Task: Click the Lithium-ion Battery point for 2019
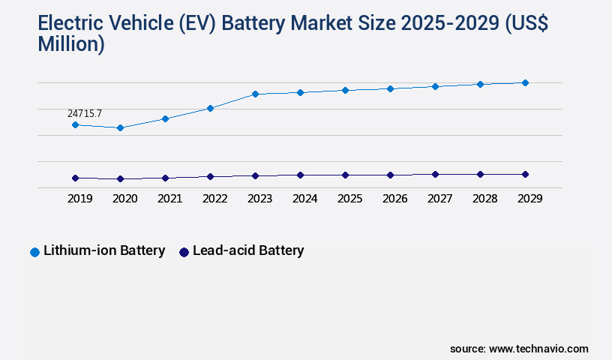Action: click(x=75, y=124)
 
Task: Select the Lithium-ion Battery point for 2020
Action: click(x=120, y=128)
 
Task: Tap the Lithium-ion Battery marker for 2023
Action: click(x=255, y=94)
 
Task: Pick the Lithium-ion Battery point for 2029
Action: click(x=525, y=82)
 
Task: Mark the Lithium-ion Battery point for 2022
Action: click(x=210, y=108)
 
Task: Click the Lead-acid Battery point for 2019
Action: click(x=75, y=178)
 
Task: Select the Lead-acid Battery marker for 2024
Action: click(x=300, y=175)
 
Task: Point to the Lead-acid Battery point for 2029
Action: click(x=525, y=174)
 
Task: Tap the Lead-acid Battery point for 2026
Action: click(x=390, y=175)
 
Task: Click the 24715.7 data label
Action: click(x=85, y=113)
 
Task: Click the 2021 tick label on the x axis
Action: click(x=169, y=199)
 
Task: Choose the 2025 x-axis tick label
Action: click(x=349, y=199)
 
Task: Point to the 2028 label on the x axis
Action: click(x=484, y=199)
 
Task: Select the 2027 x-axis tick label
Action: click(x=439, y=199)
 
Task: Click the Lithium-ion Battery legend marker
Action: click(x=34, y=252)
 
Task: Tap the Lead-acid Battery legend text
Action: click(x=248, y=250)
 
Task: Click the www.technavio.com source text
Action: click(x=538, y=349)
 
